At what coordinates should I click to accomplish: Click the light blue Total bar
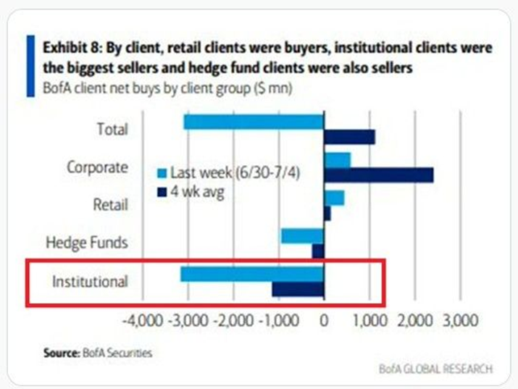tap(254, 122)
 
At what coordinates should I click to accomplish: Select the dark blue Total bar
tap(349, 136)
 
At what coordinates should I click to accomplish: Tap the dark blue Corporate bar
tap(378, 175)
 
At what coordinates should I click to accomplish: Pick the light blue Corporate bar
tap(337, 160)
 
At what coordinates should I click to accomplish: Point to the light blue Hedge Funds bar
tap(302, 236)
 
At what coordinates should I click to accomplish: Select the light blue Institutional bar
tap(251, 274)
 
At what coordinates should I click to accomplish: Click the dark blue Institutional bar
tap(298, 288)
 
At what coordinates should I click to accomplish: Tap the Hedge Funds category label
tap(86, 242)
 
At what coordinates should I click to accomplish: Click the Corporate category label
tap(97, 167)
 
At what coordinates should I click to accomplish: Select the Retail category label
tap(110, 205)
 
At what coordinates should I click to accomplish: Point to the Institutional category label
tap(90, 280)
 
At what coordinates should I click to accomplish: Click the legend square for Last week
tap(162, 173)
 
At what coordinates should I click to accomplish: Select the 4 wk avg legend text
tap(197, 192)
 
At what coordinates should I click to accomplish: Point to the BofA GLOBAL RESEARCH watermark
tap(435, 369)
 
